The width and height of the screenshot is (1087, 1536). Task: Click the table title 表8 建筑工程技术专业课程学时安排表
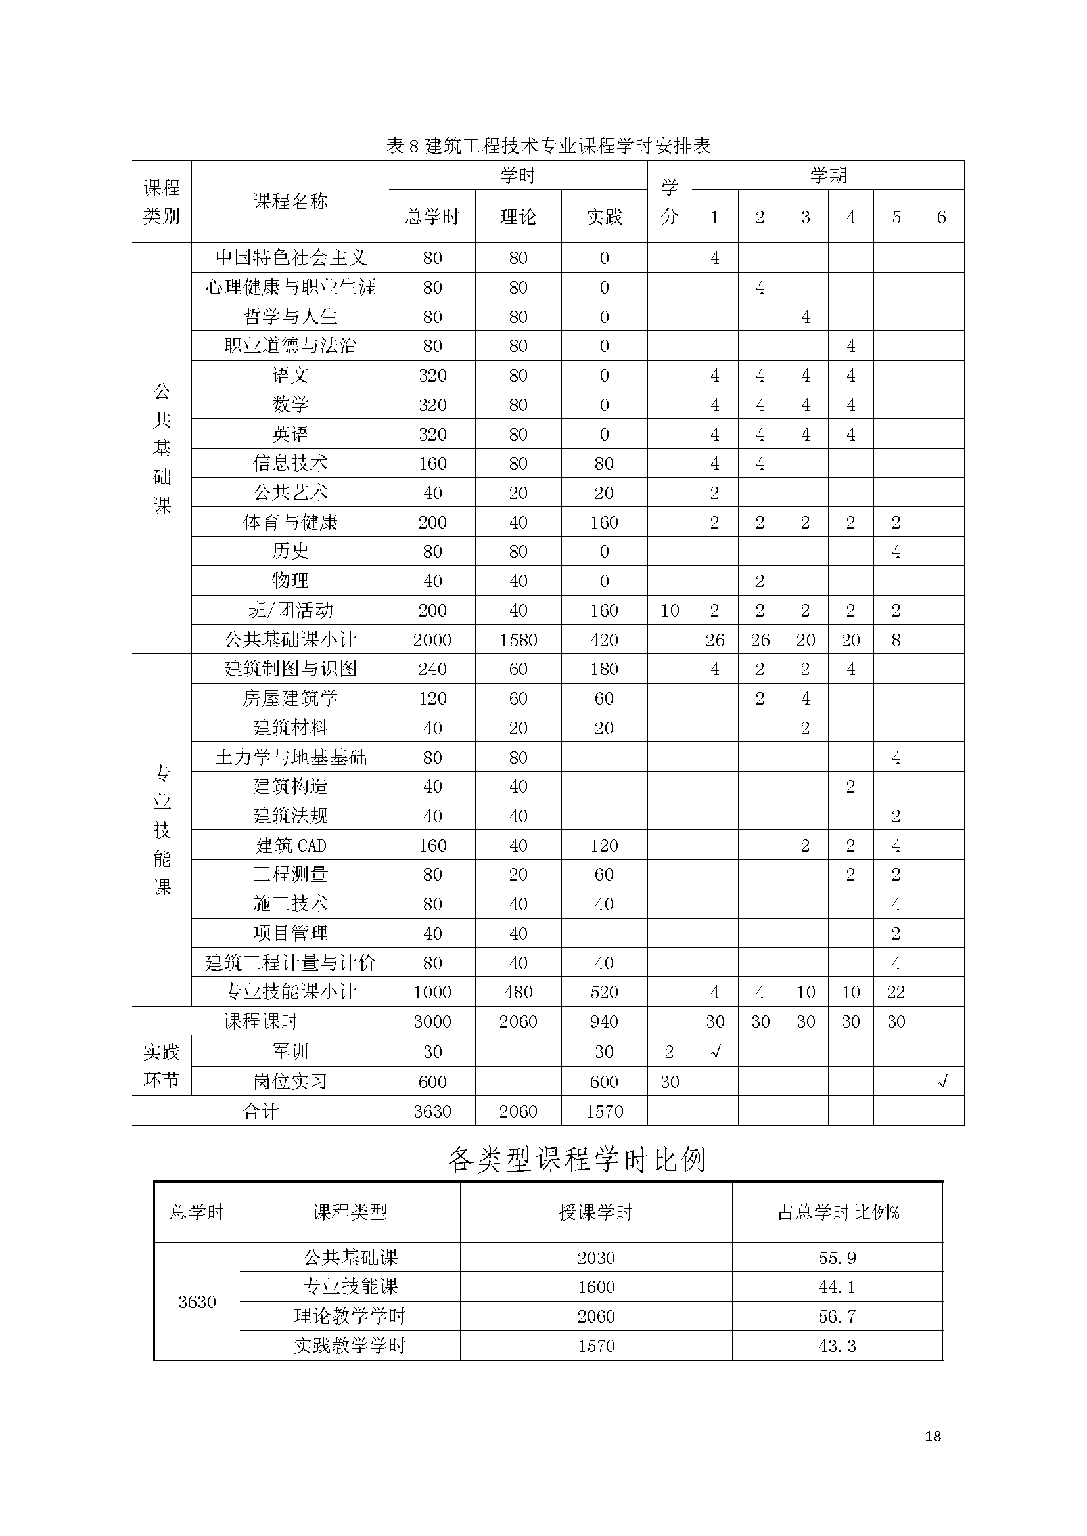(548, 146)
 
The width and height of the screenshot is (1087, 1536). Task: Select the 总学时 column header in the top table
(432, 217)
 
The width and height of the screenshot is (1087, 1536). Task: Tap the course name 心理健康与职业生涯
(290, 288)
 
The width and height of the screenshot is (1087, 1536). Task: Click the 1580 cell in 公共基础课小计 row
(518, 640)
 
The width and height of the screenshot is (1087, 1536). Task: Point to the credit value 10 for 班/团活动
(669, 611)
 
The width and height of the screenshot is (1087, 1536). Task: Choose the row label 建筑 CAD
(290, 846)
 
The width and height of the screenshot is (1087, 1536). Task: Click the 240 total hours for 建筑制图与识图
(432, 669)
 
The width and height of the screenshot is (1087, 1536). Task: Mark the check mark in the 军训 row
(715, 1051)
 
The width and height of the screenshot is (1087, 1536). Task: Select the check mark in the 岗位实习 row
(942, 1082)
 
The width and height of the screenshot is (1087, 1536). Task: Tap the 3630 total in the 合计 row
(432, 1111)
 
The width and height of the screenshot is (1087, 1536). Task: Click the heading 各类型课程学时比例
(576, 1159)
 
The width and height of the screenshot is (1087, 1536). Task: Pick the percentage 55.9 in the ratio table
(837, 1258)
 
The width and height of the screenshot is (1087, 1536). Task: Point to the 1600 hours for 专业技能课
(595, 1287)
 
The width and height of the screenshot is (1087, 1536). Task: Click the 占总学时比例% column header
(837, 1212)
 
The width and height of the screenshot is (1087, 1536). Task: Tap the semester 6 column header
(941, 217)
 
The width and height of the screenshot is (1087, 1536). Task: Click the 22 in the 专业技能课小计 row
(896, 992)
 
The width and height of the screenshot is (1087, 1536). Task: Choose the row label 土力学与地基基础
(290, 757)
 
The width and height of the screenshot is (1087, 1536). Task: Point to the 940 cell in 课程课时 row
(604, 1022)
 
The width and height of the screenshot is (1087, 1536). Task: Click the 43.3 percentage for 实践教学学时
(837, 1346)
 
